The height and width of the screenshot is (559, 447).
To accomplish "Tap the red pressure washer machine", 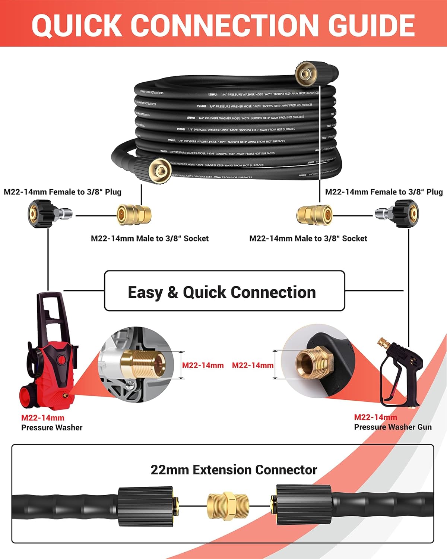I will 48,358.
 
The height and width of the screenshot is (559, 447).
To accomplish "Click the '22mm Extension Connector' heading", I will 234,470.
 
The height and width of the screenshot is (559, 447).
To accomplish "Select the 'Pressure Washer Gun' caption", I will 393,427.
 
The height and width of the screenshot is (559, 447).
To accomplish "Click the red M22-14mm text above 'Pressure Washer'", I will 42,418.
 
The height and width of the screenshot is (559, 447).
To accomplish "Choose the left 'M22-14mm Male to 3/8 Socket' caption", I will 150,239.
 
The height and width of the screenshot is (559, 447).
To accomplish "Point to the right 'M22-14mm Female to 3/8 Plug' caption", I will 384,192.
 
